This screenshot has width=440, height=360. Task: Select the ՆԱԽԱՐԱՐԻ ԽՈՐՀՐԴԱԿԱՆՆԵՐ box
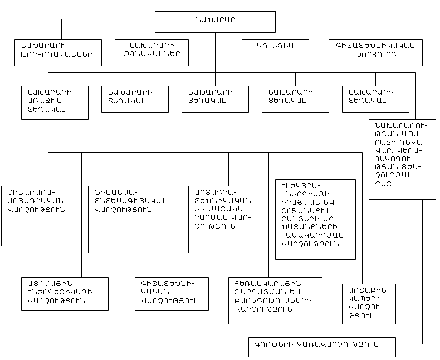(58, 52)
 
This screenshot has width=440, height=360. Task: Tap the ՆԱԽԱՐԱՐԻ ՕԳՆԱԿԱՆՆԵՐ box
(151, 52)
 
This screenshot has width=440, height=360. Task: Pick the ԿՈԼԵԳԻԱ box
(275, 52)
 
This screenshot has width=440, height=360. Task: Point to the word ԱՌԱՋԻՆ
(42, 100)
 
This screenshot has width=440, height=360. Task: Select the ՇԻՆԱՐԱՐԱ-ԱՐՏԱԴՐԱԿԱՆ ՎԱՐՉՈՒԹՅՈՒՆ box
(38, 214)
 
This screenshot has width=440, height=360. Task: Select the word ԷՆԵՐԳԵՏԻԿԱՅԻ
(60, 292)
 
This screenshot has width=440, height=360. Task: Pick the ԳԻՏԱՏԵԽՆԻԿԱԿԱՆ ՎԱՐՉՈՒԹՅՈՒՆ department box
(172, 293)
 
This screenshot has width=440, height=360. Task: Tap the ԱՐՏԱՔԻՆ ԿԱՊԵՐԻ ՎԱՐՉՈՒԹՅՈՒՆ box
(369, 304)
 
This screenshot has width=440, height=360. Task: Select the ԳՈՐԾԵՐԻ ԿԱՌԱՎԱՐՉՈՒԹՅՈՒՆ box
(322, 346)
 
